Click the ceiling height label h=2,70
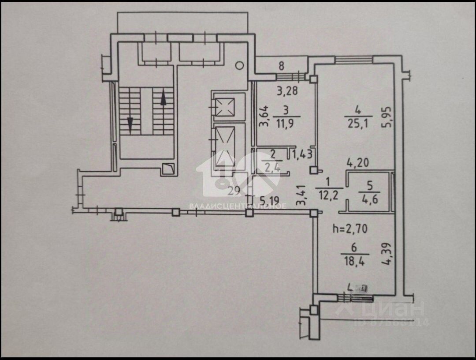[350, 229]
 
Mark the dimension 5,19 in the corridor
[269, 201]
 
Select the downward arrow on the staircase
[130, 123]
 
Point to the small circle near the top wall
[239, 66]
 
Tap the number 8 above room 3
[281, 67]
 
